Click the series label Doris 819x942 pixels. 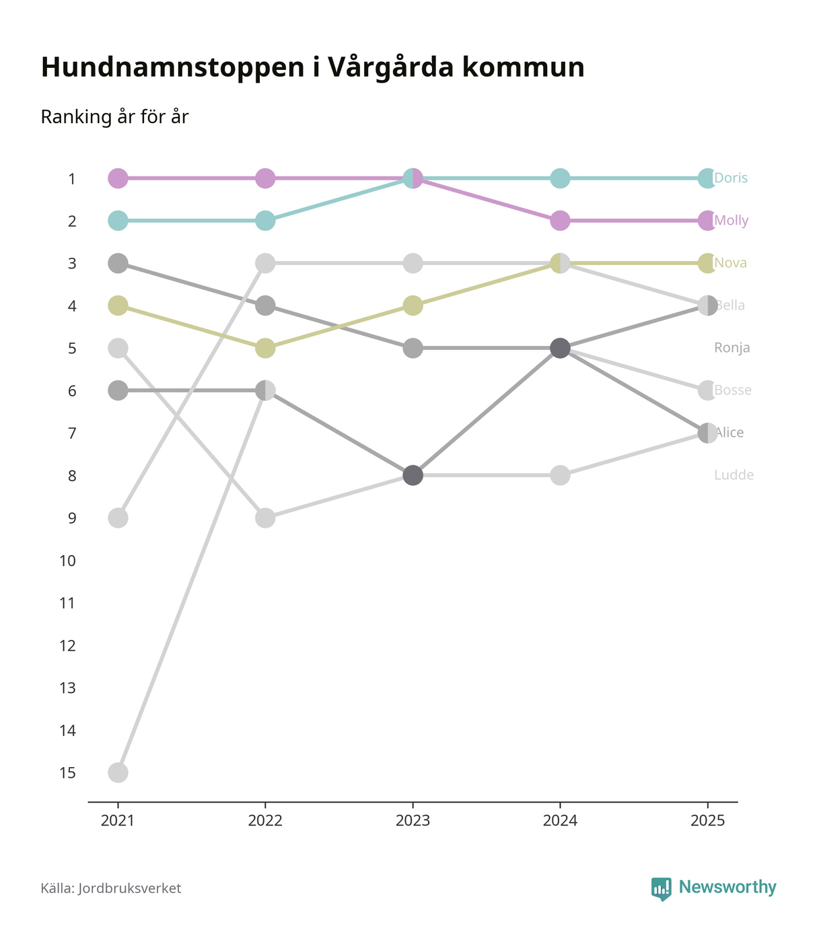[731, 178]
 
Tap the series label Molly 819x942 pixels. [732, 221]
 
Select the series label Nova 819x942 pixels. [731, 263]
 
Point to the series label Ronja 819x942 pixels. [732, 348]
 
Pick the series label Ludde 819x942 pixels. [734, 475]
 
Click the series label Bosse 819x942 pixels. [733, 390]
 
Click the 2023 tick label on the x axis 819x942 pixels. [413, 821]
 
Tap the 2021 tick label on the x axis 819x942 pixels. [118, 821]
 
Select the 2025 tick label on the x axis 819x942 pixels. [707, 821]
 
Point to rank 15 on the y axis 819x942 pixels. [67, 772]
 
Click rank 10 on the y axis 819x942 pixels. [67, 560]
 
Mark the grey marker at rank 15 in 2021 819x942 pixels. [118, 772]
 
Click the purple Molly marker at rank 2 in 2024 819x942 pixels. [560, 221]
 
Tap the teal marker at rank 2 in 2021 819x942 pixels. [118, 221]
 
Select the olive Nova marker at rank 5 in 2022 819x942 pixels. [265, 349]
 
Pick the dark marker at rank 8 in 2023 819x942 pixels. [413, 476]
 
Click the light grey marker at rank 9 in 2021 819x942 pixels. [118, 518]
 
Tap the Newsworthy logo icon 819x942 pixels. [661, 888]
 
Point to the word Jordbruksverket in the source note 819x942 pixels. [129, 888]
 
